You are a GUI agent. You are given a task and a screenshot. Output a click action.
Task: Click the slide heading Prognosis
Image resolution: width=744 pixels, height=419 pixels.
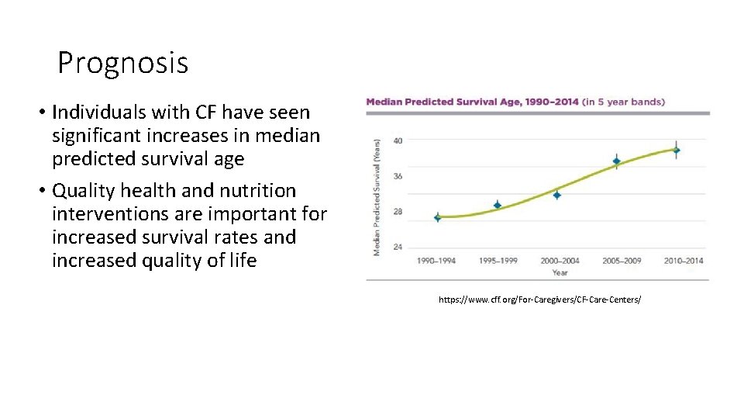pyautogui.click(x=122, y=63)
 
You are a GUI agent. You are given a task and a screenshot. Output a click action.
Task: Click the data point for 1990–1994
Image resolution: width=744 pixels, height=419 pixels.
pyautogui.click(x=438, y=217)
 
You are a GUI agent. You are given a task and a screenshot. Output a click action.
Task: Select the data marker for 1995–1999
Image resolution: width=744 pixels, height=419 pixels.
pyautogui.click(x=498, y=206)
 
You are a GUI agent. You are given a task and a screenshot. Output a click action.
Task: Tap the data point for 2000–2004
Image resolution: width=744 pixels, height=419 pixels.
pyautogui.click(x=557, y=195)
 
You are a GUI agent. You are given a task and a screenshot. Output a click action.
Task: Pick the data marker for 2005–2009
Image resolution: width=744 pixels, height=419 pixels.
pyautogui.click(x=617, y=161)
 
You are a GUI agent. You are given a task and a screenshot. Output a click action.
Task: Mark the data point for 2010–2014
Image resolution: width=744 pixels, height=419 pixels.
pyautogui.click(x=677, y=150)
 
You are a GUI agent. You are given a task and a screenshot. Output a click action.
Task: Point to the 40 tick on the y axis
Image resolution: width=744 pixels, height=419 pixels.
pyautogui.click(x=398, y=140)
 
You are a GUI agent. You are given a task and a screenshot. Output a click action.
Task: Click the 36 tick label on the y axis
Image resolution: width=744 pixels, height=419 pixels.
pyautogui.click(x=398, y=176)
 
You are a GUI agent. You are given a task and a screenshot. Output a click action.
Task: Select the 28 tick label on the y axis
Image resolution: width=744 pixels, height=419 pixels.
pyautogui.click(x=398, y=212)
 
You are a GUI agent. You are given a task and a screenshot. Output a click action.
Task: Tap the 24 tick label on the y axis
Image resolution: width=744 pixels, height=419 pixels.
pyautogui.click(x=398, y=247)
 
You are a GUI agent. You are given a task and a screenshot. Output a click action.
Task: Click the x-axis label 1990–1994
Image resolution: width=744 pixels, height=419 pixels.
pyautogui.click(x=437, y=261)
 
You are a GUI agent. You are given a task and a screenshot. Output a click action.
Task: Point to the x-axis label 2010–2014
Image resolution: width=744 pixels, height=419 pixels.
pyautogui.click(x=684, y=261)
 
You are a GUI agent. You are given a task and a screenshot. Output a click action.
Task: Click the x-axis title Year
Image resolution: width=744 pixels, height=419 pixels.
pyautogui.click(x=560, y=272)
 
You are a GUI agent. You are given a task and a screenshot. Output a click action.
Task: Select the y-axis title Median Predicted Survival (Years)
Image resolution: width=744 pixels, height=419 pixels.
pyautogui.click(x=377, y=196)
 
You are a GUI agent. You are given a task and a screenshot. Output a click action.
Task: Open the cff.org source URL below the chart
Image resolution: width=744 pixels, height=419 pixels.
pyautogui.click(x=539, y=299)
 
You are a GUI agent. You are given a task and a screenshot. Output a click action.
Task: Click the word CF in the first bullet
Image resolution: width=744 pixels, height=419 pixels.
pyautogui.click(x=194, y=113)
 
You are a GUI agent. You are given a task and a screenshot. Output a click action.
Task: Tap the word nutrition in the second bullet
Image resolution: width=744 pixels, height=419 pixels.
pyautogui.click(x=257, y=191)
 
